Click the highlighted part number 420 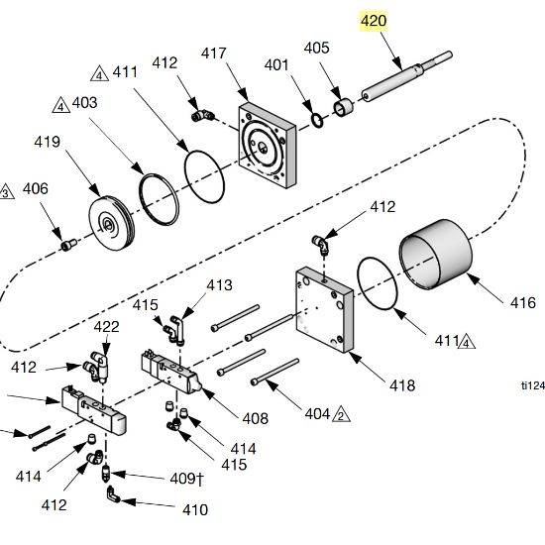point(374,21)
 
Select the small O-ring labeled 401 point(317,121)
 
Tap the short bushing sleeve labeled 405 point(344,107)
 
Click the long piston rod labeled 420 point(406,76)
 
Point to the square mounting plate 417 point(267,146)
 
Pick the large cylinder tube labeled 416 point(436,254)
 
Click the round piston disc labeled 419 point(111,223)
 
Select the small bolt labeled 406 point(69,245)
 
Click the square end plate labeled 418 point(324,309)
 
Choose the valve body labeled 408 point(170,373)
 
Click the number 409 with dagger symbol point(186,479)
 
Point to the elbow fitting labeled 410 point(113,494)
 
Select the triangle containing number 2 point(341,414)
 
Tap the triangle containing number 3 point(6,192)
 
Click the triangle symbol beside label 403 point(61,105)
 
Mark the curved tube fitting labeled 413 point(177,330)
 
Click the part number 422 point(106,327)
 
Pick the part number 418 point(402,385)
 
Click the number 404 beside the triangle point(317,414)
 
